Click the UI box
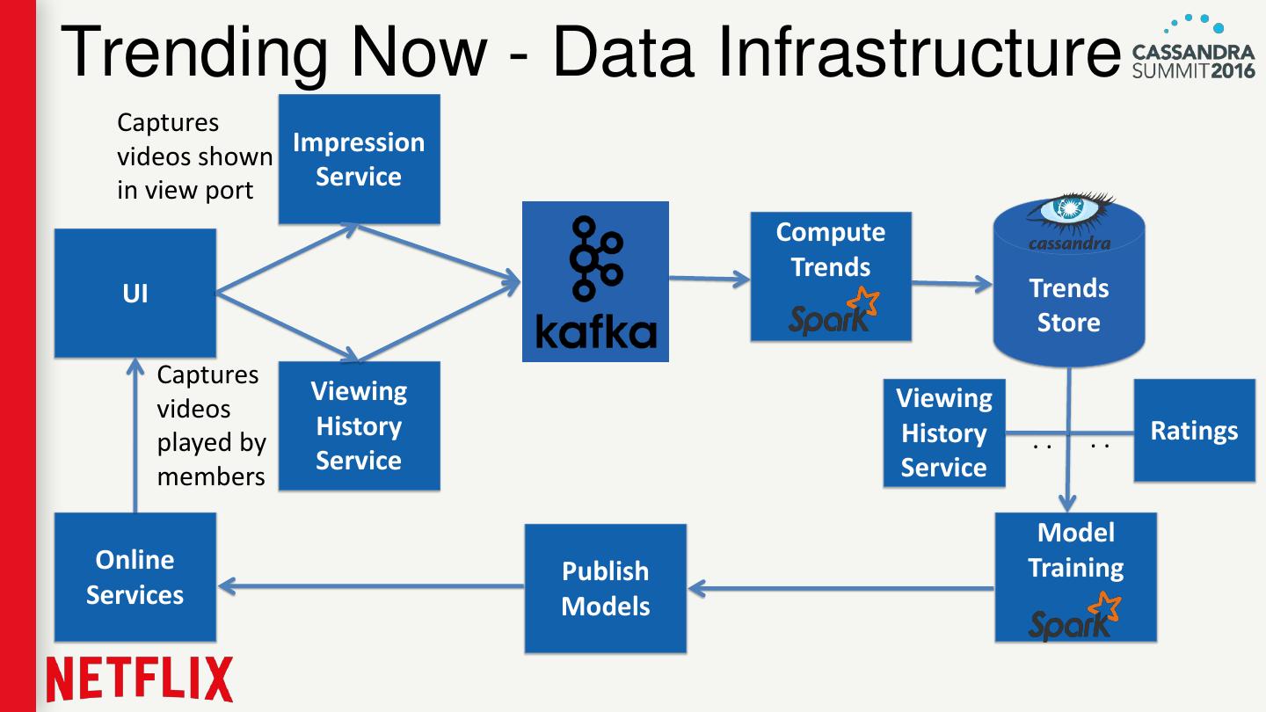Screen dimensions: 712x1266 point(135,293)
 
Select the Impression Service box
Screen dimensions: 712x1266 point(359,159)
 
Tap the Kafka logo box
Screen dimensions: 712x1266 point(595,281)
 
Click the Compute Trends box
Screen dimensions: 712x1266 point(830,276)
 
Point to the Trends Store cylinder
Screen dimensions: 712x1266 point(1068,299)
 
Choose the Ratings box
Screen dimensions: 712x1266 point(1194,431)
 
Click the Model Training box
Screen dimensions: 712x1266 point(1075,577)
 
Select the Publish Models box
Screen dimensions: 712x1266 point(605,588)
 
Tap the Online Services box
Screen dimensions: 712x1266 point(135,577)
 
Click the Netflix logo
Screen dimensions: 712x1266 point(139,679)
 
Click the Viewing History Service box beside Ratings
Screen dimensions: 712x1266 point(944,433)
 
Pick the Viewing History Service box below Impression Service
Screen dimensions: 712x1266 point(359,425)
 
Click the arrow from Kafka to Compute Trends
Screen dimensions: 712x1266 point(709,280)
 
